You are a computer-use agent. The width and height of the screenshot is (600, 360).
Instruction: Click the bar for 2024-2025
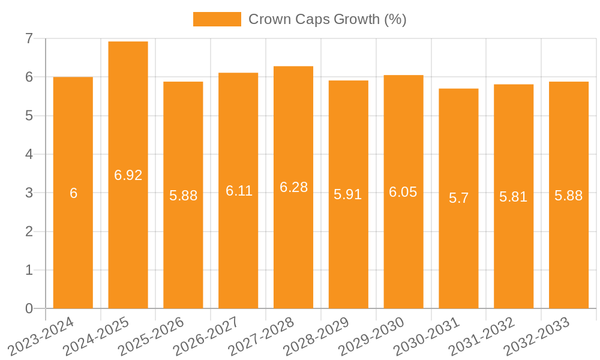point(128,175)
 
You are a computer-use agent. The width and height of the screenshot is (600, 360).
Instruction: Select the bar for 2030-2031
point(458,199)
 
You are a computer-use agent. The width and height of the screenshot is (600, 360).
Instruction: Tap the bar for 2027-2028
point(293,187)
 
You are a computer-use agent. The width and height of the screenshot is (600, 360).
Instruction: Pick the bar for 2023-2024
point(73,193)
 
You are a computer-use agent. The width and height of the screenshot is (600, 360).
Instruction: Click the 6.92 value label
point(128,175)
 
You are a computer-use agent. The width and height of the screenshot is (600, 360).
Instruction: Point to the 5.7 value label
point(458,198)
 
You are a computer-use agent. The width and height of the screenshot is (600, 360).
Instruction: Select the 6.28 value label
point(293,187)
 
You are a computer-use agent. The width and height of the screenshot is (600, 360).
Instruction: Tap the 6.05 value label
point(403,192)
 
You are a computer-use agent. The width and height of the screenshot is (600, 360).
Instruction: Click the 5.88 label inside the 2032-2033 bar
point(568,196)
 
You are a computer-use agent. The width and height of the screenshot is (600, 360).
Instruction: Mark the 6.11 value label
point(239,191)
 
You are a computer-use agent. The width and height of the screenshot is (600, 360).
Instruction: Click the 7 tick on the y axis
point(29,38)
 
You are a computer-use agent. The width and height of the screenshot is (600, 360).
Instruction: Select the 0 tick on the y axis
point(29,308)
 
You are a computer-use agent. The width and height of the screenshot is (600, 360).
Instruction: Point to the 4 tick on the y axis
point(29,154)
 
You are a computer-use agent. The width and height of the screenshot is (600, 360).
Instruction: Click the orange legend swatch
point(217,19)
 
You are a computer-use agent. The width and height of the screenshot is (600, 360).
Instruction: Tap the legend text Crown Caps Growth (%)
point(327,19)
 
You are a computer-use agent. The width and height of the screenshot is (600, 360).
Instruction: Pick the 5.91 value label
point(348,194)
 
